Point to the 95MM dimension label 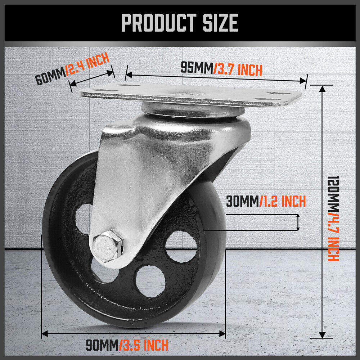coord(197,68)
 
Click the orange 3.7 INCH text coord(238,69)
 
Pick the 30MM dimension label coord(242,201)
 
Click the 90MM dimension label coord(102,346)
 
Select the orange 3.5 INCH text coord(144,346)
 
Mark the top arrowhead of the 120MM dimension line coord(321,87)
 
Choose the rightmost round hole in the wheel coord(182,246)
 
